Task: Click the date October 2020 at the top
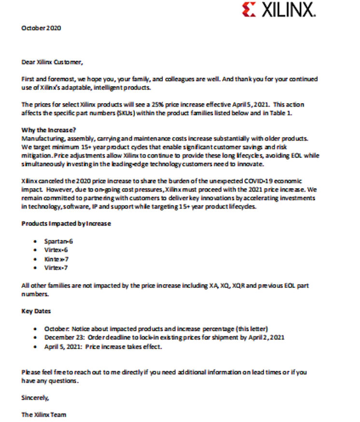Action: point(42,28)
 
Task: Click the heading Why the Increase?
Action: point(49,130)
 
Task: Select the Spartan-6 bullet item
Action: point(58,240)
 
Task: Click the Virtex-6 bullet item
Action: point(56,249)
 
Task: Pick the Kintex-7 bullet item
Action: point(56,258)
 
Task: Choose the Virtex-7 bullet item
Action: point(56,267)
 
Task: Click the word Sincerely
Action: point(35,398)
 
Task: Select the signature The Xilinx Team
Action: point(44,414)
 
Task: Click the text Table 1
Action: point(293,113)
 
